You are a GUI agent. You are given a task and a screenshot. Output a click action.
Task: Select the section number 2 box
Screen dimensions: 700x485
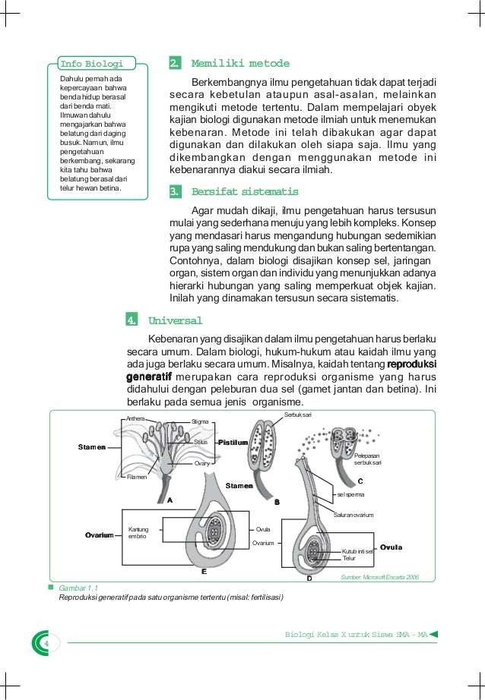coord(174,63)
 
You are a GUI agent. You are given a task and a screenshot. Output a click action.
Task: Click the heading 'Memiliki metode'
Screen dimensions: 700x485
coord(240,63)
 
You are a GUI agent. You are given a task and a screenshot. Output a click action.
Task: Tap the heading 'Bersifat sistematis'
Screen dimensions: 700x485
coord(245,191)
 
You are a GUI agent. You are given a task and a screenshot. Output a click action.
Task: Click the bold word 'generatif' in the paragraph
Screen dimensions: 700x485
coord(149,377)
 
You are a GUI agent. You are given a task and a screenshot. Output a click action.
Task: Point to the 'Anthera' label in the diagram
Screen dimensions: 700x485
coord(135,418)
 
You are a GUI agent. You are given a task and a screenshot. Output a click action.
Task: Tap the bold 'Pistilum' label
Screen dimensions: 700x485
coord(233,441)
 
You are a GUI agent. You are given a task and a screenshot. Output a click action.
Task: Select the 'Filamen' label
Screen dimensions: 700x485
coord(137,477)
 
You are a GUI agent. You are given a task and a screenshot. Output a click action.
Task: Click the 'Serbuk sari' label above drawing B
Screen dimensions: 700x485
coord(298,414)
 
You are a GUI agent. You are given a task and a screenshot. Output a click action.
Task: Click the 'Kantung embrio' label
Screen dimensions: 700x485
coord(138,532)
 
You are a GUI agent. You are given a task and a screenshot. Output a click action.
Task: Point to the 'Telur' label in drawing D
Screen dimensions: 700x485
coord(349,558)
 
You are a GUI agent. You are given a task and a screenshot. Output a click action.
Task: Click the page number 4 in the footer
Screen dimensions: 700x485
coord(46,645)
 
